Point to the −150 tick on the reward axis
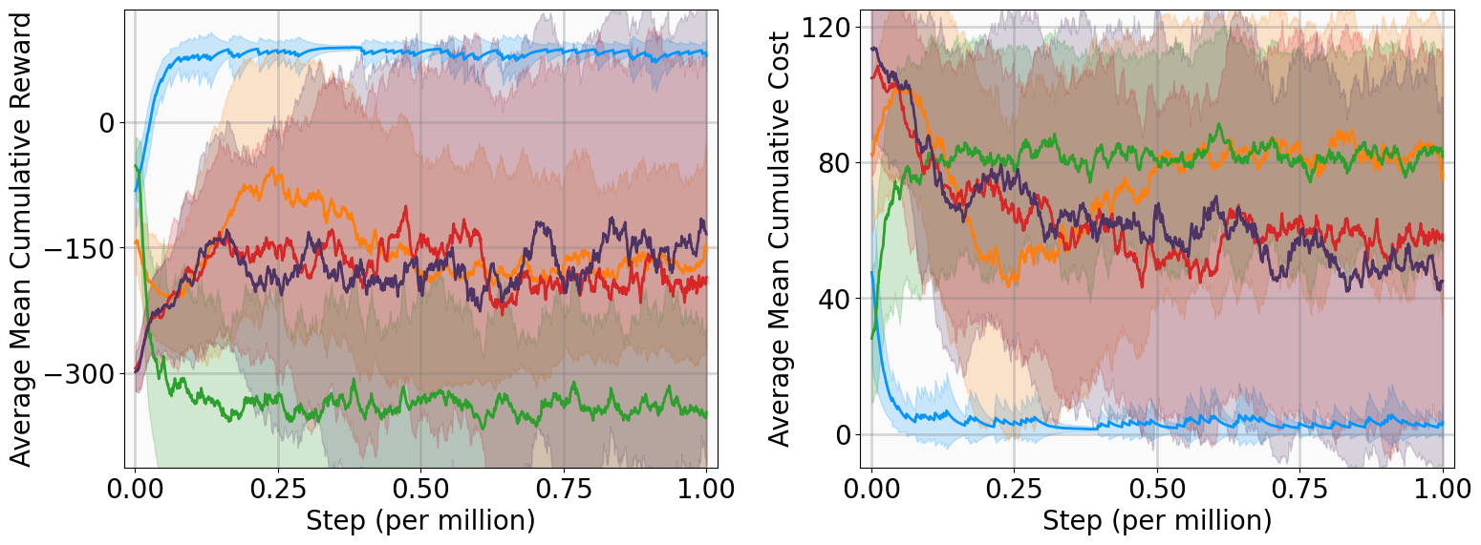(80, 248)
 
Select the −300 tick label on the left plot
(80, 374)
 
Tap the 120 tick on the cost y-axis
(827, 27)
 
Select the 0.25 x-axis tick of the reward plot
(278, 490)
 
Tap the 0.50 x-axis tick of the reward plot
(420, 490)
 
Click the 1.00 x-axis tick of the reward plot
(705, 490)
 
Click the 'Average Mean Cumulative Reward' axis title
(21, 239)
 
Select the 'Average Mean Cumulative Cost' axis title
(780, 239)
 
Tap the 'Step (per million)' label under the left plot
(420, 522)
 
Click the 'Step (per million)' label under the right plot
(1157, 522)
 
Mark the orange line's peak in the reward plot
(275, 169)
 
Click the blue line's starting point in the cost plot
(871, 272)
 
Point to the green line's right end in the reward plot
(706, 414)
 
